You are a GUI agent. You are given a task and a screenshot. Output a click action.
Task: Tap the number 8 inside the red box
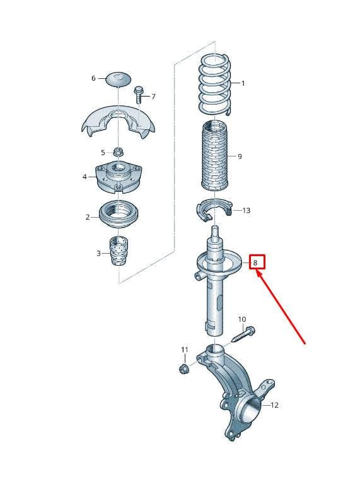point(255,262)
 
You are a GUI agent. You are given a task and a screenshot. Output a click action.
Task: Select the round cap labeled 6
point(119,79)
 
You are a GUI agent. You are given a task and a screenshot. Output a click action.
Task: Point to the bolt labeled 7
point(137,95)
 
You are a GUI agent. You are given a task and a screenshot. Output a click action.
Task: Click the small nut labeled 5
point(118,152)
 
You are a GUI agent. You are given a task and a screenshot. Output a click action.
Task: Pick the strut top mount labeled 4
point(118,177)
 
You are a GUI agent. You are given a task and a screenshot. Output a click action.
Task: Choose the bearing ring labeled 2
point(119,214)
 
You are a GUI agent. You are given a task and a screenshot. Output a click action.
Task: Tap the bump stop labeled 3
point(119,250)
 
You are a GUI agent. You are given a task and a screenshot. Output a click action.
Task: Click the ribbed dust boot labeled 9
point(215,155)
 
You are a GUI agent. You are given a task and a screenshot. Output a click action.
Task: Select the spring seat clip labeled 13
point(214,209)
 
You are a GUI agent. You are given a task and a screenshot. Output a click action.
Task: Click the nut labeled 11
point(184,368)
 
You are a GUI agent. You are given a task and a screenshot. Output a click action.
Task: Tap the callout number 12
point(274,405)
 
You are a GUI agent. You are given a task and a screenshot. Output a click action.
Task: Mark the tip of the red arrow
point(258,272)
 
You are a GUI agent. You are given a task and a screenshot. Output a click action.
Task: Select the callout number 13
point(247,210)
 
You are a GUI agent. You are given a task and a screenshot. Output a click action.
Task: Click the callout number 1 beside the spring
point(243,83)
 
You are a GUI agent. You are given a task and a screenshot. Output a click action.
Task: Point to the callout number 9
point(240,156)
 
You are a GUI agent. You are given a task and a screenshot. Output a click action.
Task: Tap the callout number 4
point(84,177)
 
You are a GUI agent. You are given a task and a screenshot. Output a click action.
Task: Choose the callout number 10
point(242,319)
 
